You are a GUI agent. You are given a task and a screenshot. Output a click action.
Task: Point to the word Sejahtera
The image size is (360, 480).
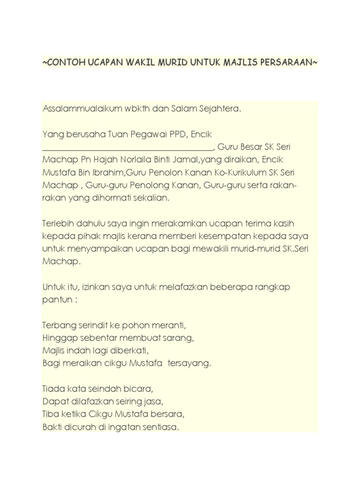[222, 109]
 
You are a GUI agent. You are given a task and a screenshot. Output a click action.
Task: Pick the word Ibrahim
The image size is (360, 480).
[110, 173]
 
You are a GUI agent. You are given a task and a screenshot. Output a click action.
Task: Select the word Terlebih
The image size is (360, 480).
[59, 224]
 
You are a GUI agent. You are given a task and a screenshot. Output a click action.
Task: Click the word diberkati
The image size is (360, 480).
[134, 350]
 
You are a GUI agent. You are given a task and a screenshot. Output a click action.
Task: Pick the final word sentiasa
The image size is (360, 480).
[163, 427]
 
